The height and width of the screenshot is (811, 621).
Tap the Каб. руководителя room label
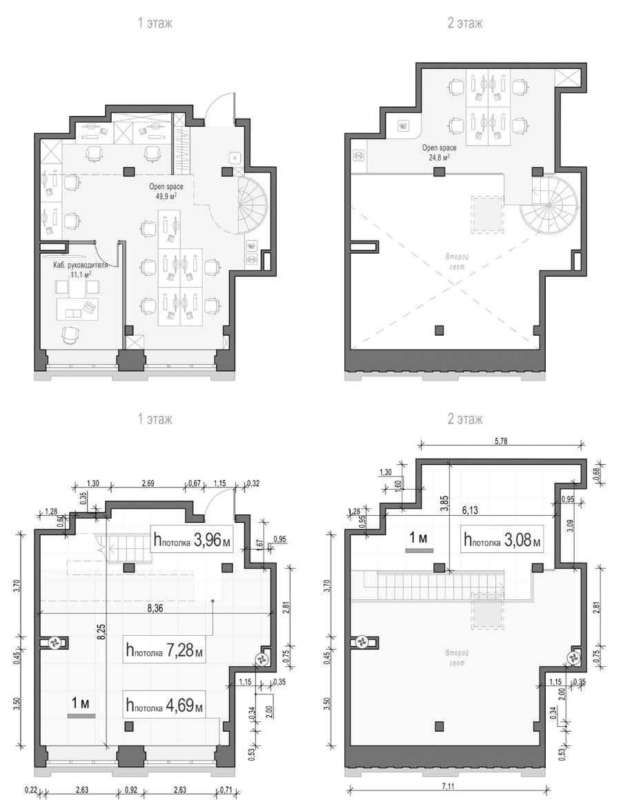(x=81, y=266)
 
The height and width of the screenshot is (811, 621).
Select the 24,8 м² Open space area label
(x=439, y=152)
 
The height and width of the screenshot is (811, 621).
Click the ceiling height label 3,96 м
(x=191, y=541)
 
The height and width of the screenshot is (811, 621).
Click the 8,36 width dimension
(x=155, y=608)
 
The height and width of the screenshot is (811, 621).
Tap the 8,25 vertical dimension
(x=101, y=631)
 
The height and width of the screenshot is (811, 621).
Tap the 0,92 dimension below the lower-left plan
(x=130, y=790)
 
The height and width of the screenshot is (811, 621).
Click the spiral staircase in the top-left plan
(x=252, y=204)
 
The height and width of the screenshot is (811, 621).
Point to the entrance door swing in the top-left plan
(x=220, y=109)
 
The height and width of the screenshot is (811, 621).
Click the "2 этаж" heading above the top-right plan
(x=465, y=23)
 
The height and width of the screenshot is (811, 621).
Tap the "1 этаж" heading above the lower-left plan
(x=155, y=419)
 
